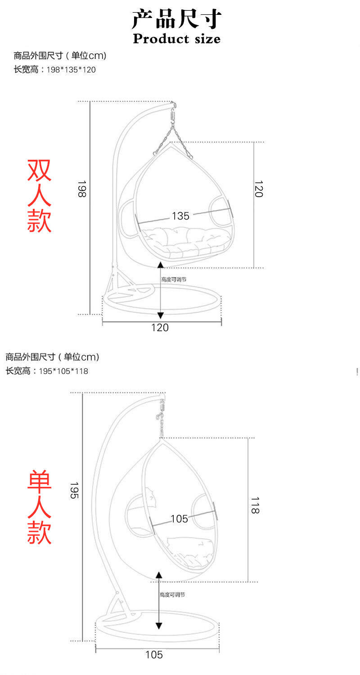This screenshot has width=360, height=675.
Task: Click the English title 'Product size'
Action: click(177, 39)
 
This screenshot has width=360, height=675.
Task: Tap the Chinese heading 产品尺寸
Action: click(177, 19)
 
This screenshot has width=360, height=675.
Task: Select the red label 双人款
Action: click(39, 196)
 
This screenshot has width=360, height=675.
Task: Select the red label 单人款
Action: click(39, 507)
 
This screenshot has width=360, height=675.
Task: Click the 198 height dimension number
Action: click(82, 189)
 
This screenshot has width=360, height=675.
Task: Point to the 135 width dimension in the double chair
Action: click(180, 216)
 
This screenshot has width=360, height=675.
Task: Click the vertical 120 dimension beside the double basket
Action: click(259, 189)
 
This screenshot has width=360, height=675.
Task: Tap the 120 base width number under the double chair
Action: click(160, 328)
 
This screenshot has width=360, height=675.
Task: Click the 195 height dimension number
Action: click(74, 490)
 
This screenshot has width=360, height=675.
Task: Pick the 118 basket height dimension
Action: click(255, 505)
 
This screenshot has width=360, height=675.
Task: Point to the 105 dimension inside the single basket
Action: click(179, 518)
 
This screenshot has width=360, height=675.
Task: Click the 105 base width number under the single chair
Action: click(154, 654)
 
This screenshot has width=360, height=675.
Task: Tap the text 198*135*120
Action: click(71, 70)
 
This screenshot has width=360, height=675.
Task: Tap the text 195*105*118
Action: click(63, 371)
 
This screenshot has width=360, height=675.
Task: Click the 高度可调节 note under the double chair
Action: click(174, 279)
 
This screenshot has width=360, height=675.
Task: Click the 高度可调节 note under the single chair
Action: click(172, 594)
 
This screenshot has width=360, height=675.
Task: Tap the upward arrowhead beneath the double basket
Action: click(161, 265)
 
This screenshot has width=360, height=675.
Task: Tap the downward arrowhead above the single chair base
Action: click(159, 626)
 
